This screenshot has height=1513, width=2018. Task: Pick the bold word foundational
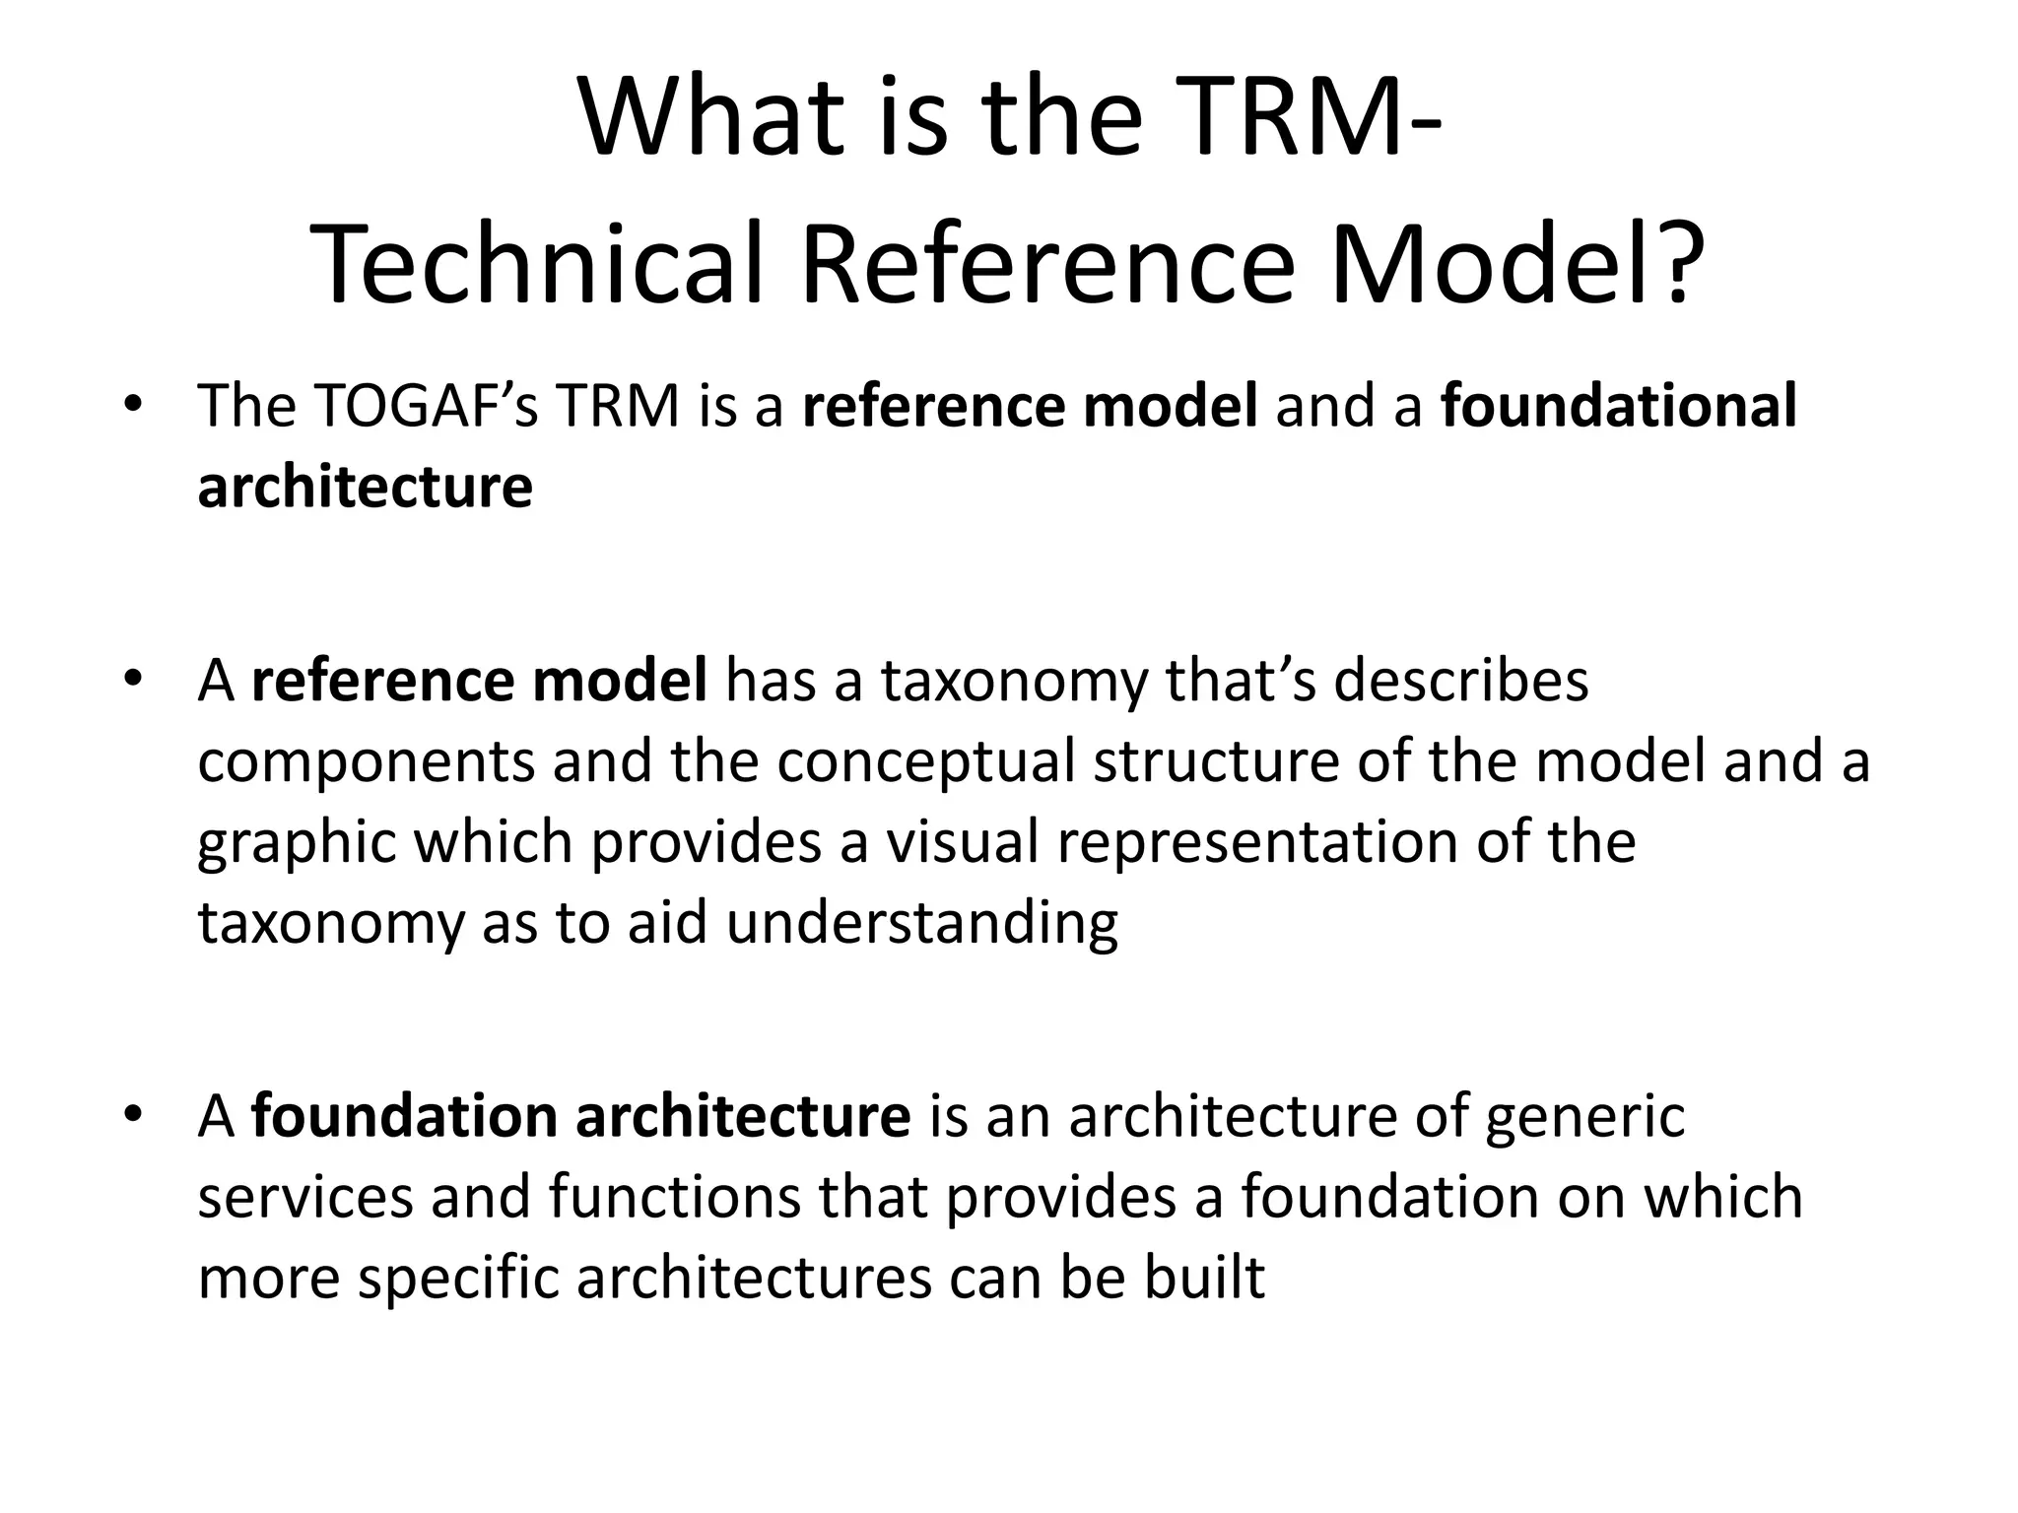click(x=1619, y=406)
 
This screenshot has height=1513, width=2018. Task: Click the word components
click(x=366, y=761)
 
